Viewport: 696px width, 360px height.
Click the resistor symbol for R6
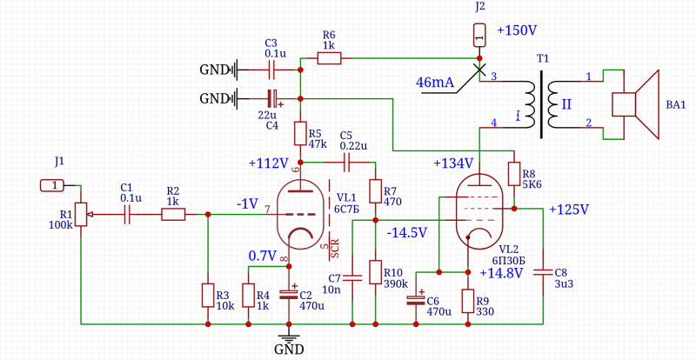(x=329, y=58)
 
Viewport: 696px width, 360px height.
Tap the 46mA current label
(x=435, y=83)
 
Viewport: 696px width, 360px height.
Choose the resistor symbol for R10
(x=375, y=272)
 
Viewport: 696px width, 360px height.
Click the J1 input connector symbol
(x=52, y=185)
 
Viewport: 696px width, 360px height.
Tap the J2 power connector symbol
(x=479, y=36)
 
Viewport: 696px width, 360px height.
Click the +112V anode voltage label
(x=267, y=163)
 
